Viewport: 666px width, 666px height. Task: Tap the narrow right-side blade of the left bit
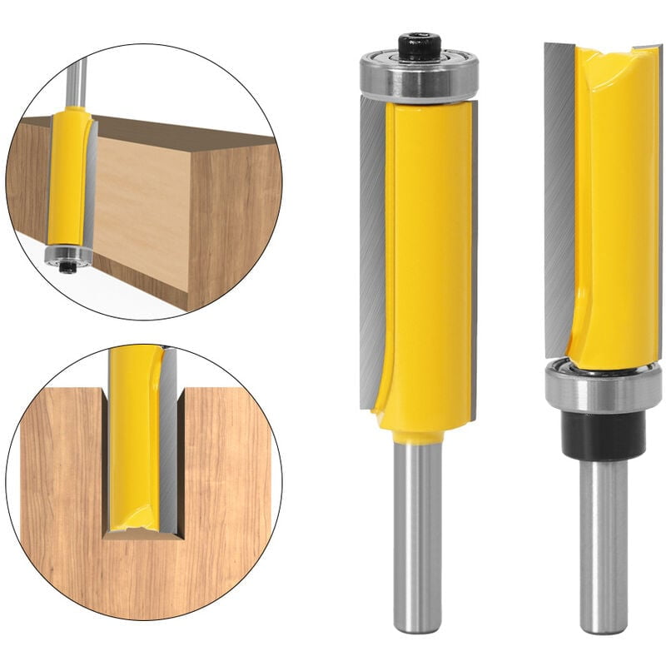474,250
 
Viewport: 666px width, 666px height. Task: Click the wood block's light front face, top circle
142,216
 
